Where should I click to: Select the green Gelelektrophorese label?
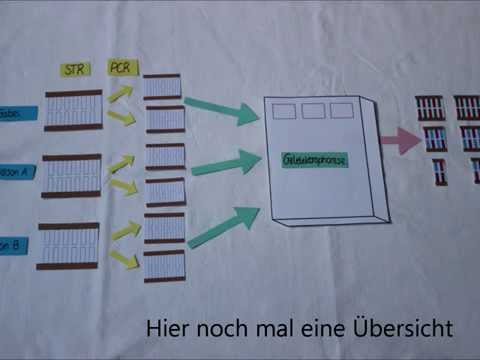pos(314,160)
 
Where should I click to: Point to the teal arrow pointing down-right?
pos(222,110)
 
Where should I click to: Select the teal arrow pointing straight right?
pos(225,163)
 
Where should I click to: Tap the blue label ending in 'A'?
pos(17,170)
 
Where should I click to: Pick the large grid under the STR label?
pos(72,111)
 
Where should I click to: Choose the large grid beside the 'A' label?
pos(71,175)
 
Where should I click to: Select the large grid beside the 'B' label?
pos(69,246)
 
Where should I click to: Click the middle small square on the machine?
pos(314,110)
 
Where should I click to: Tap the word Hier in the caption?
pos(167,327)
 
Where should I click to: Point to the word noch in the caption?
pos(219,327)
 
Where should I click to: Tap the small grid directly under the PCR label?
pos(161,87)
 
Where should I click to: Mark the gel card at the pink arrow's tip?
pos(435,138)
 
